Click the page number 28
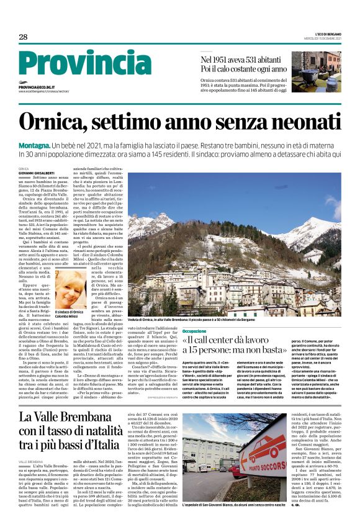(x=23, y=37)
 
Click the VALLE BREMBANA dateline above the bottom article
(x=31, y=462)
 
